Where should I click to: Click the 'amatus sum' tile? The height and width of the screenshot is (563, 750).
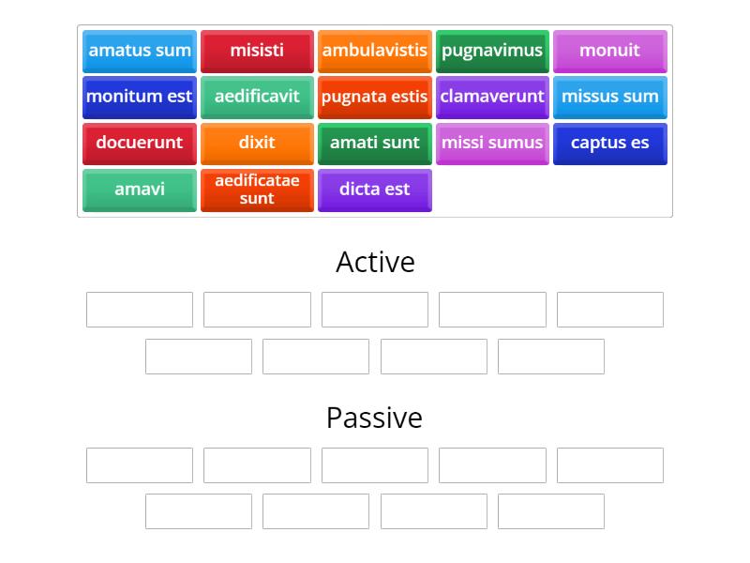140,51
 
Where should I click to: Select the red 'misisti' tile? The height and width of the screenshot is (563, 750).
257,51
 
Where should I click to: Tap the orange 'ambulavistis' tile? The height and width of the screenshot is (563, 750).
375,51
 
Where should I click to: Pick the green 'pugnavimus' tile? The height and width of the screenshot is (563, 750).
492,51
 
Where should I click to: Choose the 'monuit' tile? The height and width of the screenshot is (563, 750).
609,51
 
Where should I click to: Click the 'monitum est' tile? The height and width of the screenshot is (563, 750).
140,97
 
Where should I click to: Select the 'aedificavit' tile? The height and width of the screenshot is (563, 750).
257,97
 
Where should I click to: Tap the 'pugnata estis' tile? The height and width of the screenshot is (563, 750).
375,97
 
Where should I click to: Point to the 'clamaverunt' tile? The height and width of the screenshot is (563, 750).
492,97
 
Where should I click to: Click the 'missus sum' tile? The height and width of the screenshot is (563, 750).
609,97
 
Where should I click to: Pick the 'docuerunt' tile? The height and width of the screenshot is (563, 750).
140,143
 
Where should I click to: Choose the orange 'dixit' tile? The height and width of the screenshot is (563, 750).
257,143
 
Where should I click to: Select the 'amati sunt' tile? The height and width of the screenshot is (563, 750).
375,143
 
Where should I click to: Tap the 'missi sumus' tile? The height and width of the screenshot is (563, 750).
492,143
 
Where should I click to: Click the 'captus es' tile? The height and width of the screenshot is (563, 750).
609,143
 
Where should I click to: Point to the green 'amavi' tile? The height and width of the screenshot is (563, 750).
140,190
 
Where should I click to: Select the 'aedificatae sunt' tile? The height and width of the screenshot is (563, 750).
257,190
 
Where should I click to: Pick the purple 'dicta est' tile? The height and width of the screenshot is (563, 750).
375,190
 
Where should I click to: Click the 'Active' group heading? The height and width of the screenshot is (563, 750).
375,262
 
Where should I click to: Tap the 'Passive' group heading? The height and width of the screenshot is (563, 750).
375,418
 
